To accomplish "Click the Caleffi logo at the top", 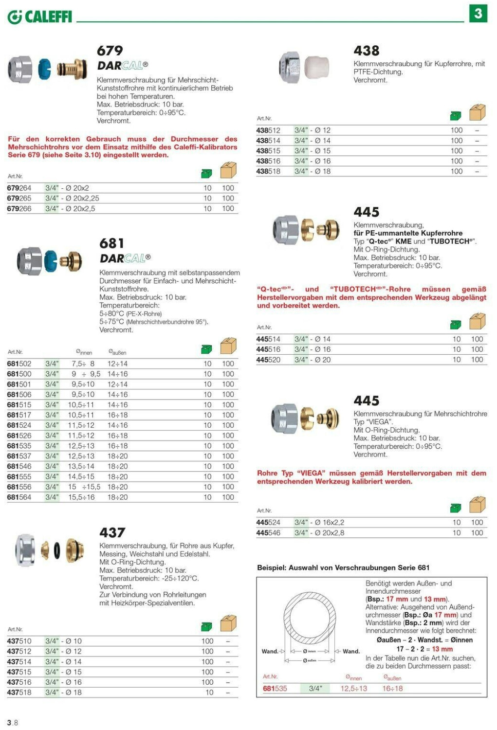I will tap(39, 17).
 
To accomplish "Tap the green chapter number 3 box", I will tap(478, 13).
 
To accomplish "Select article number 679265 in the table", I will tap(19, 198).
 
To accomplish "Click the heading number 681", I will tap(112, 243).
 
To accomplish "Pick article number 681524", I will tap(19, 425).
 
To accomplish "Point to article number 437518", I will tap(19, 692).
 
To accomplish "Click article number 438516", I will tap(268, 161).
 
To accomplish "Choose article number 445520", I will tap(268, 360).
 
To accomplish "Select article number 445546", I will tap(268, 533).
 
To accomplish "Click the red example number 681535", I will tap(275, 689).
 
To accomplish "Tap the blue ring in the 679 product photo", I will tap(45, 69).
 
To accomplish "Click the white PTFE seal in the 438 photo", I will tap(317, 67).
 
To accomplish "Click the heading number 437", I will tap(112, 532).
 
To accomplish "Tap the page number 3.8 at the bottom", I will tap(13, 723).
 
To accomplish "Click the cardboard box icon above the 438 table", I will tap(478, 113).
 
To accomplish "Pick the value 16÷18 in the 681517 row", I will tap(117, 415).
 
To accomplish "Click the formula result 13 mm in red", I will tap(442, 649).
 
